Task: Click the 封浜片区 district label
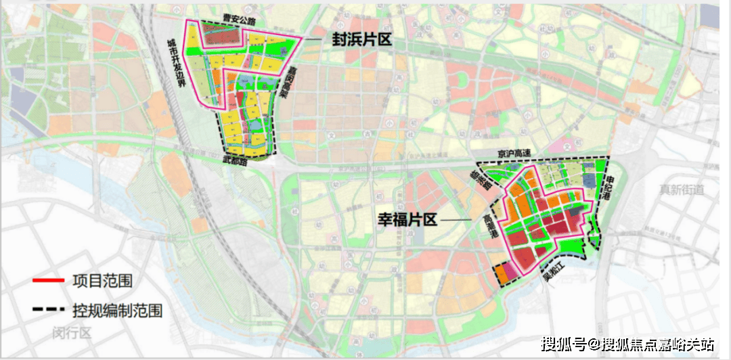(x=361, y=40)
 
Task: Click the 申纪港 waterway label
(x=610, y=187)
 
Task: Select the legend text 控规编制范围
(x=116, y=310)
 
